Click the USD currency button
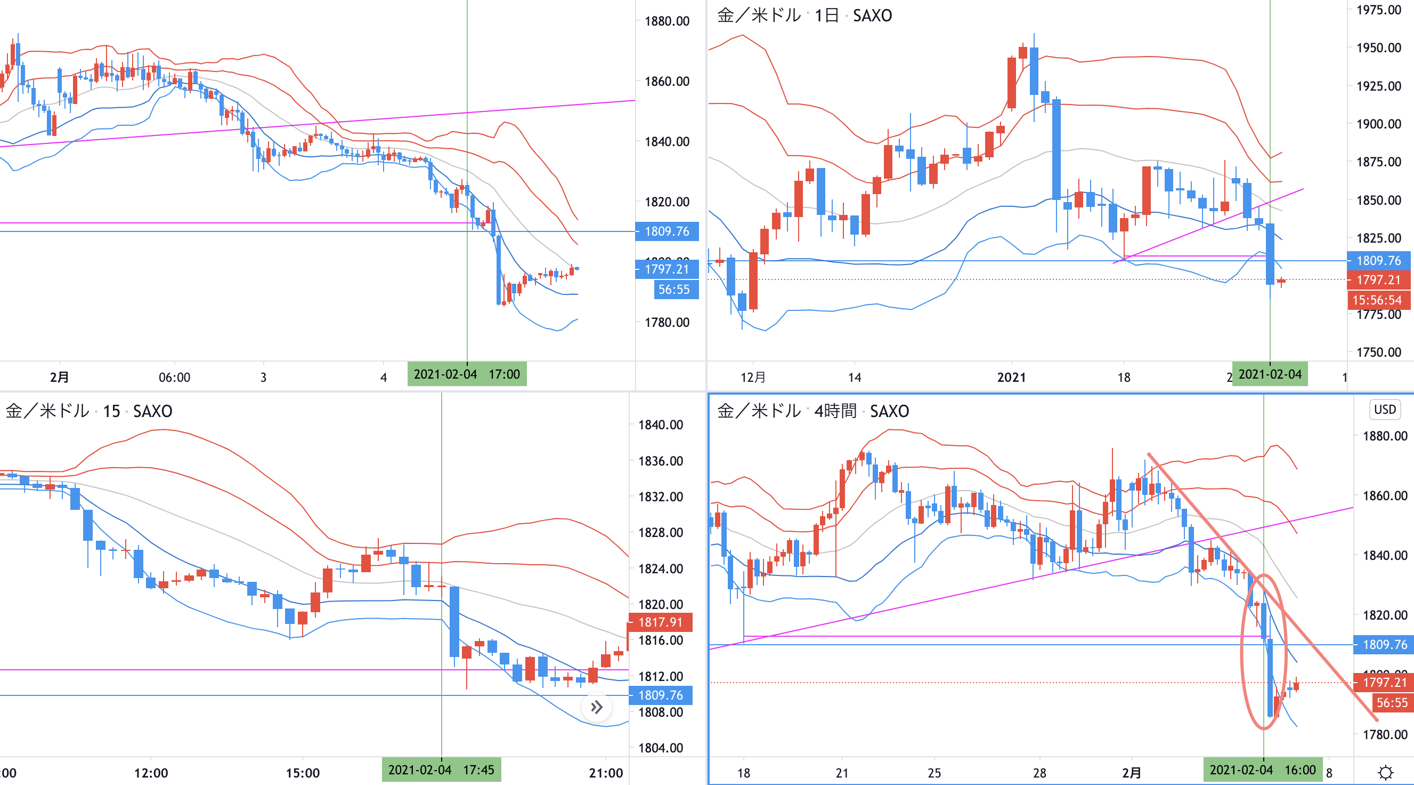tap(1384, 409)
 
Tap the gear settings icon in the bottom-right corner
tap(1385, 772)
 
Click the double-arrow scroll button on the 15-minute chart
tap(597, 707)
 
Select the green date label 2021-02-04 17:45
tap(441, 770)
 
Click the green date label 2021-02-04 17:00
tap(467, 374)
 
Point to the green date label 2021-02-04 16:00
tap(1263, 770)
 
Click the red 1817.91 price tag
tap(660, 622)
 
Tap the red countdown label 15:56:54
tap(1377, 300)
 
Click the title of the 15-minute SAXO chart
tap(89, 411)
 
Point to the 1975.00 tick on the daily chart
tap(1378, 10)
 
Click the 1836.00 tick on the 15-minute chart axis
tap(660, 461)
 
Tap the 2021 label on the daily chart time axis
tap(1011, 378)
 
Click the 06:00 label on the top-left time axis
tap(175, 378)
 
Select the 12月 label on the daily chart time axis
tap(753, 378)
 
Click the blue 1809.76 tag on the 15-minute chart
tap(660, 695)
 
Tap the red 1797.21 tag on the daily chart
tap(1378, 279)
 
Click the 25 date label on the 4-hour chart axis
tap(934, 773)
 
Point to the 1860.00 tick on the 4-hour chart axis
tap(1385, 495)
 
